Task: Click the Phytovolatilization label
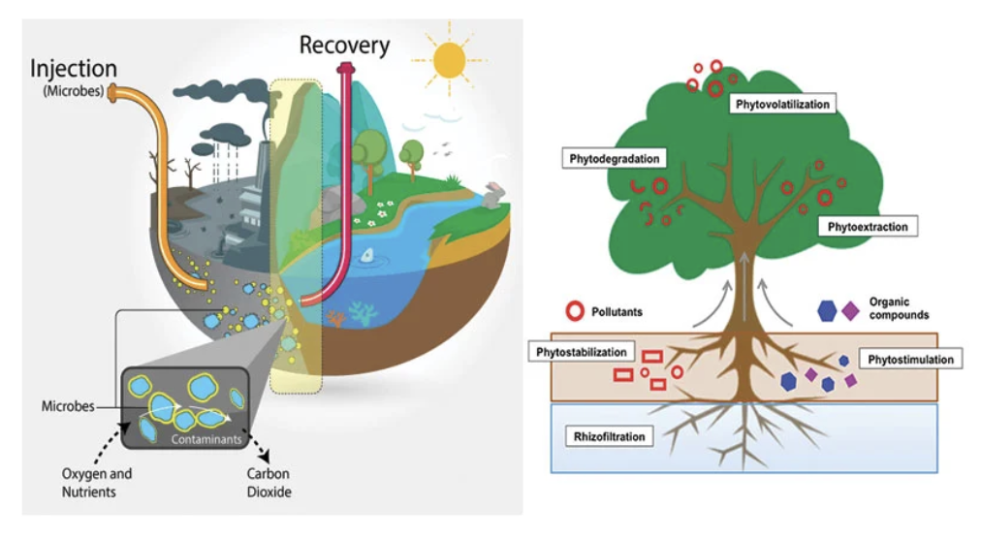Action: pos(782,104)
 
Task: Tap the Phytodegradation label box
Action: pos(614,158)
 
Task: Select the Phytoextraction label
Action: pos(868,227)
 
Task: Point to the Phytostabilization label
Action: pos(582,352)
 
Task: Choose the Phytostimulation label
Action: pos(910,360)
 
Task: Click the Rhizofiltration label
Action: pos(609,436)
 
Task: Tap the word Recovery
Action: pos(344,46)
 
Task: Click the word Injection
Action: pos(74,69)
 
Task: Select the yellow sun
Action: pos(449,60)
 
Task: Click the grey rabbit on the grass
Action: pos(494,195)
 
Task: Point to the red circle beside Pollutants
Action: pos(575,311)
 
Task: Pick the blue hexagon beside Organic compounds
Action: pos(827,310)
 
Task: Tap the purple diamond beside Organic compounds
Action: pos(850,310)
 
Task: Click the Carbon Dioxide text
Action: pos(269,483)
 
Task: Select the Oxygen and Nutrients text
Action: pos(96,483)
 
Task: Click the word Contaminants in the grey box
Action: pos(206,439)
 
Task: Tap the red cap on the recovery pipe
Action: pos(345,68)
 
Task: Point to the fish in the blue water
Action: pos(368,255)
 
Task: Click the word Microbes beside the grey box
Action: pos(68,406)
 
